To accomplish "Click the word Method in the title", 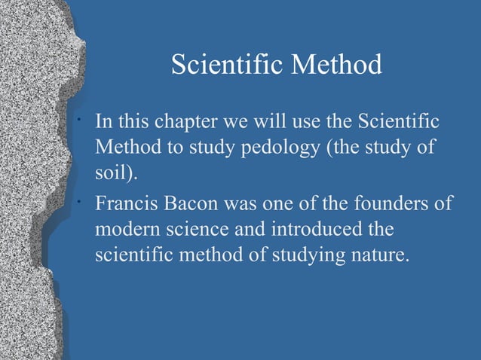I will click(x=339, y=66).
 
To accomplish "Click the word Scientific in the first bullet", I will click(x=399, y=123).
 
